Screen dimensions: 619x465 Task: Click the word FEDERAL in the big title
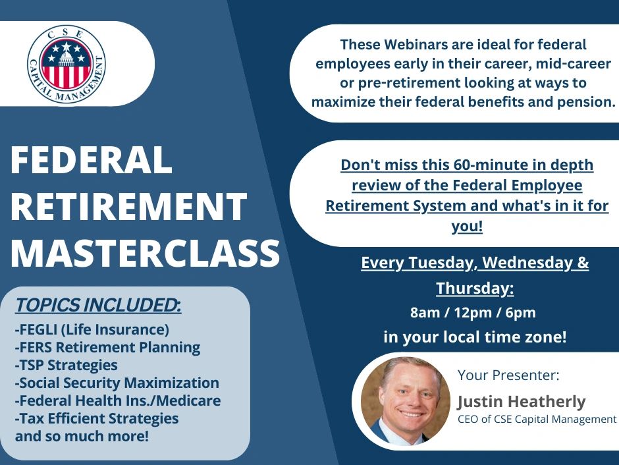[x=92, y=160]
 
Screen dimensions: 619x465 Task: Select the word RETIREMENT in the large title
[x=128, y=206]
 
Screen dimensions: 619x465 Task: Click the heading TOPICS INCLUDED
[x=98, y=305]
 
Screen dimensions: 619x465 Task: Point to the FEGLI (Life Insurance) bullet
[x=92, y=329]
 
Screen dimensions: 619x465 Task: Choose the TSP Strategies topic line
[x=67, y=366]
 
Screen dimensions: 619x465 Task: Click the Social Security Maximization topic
[x=117, y=383]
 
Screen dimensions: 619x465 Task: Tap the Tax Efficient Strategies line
[x=97, y=418]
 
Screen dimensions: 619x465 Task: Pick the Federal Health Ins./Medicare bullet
[x=118, y=400]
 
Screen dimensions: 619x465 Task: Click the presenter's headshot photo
[x=406, y=401]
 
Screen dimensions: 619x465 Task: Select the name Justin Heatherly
[x=522, y=402]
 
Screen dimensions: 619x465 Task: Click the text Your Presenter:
[x=508, y=375]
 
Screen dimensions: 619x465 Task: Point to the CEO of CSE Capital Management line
[x=537, y=419]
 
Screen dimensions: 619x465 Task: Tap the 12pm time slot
[x=473, y=313]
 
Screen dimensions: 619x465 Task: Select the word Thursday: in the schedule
[x=475, y=288]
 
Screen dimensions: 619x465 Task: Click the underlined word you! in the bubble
[x=467, y=227]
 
